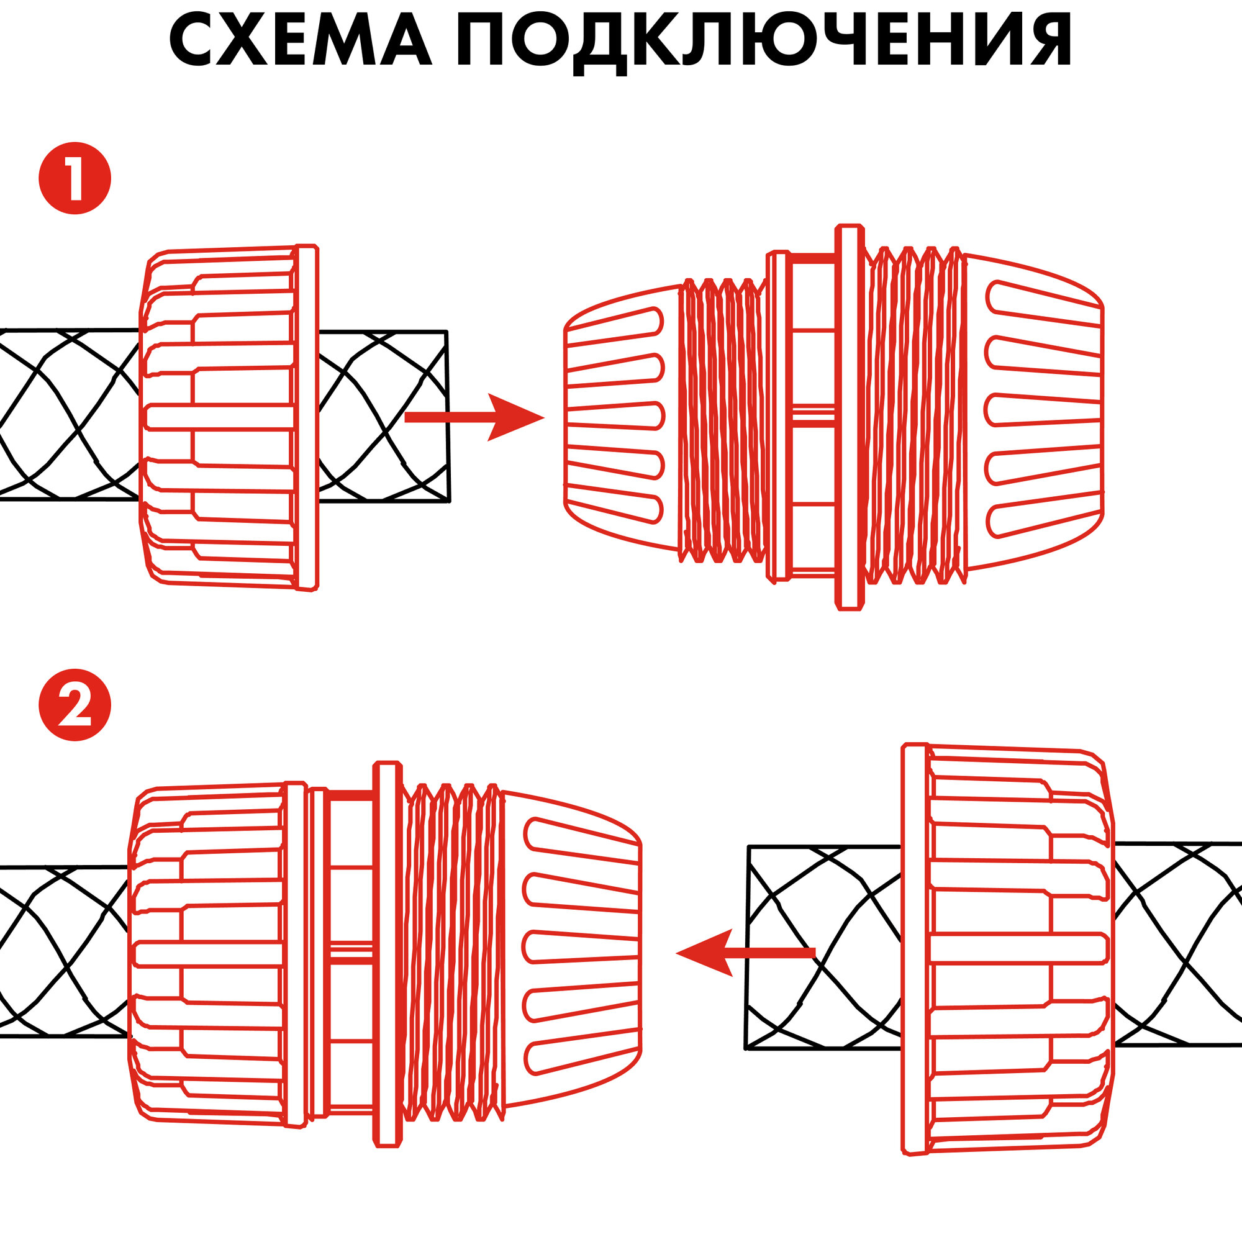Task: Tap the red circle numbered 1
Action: pyautogui.click(x=75, y=178)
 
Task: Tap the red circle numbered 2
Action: pyautogui.click(x=75, y=705)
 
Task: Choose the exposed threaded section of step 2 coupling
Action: pyautogui.click(x=453, y=951)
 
